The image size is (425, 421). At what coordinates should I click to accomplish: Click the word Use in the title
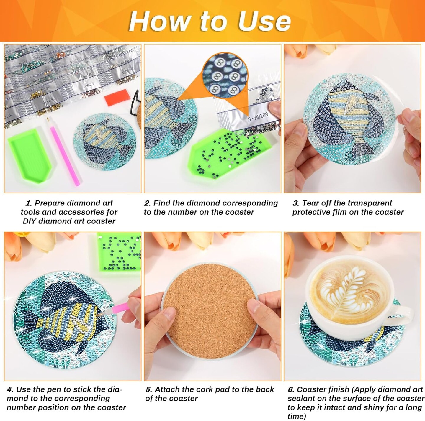tap(264, 21)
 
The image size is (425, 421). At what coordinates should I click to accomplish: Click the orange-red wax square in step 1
tap(114, 99)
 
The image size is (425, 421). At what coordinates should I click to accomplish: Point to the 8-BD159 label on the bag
tap(258, 116)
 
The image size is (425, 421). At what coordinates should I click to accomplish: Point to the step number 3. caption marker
tap(296, 203)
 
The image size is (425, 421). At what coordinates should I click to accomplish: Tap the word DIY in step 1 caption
tap(30, 221)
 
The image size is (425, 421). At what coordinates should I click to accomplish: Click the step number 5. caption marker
tap(149, 389)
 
